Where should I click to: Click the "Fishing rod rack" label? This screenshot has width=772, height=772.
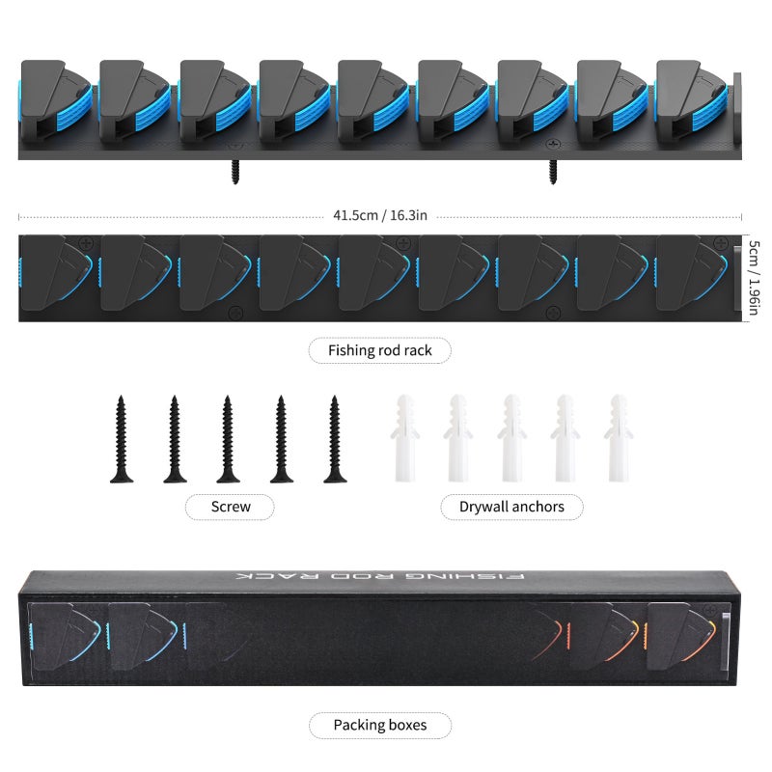pyautogui.click(x=379, y=350)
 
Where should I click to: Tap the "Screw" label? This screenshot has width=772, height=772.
pyautogui.click(x=231, y=507)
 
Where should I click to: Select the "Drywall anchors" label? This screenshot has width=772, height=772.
pyautogui.click(x=511, y=507)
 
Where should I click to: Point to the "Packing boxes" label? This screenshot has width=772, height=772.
pyautogui.click(x=379, y=725)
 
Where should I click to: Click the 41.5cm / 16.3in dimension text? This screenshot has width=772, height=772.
pyautogui.click(x=379, y=215)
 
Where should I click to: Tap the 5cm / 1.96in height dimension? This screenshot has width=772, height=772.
pyautogui.click(x=754, y=277)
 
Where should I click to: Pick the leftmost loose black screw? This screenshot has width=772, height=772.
pyautogui.click(x=122, y=439)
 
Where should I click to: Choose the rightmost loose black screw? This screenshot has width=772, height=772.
pyautogui.click(x=335, y=439)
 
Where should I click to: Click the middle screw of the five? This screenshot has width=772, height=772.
pyautogui.click(x=228, y=439)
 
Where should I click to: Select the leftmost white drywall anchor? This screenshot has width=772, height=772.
pyautogui.click(x=404, y=438)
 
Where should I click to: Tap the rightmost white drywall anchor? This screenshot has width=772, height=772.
pyautogui.click(x=619, y=438)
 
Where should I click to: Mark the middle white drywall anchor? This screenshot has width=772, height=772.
pyautogui.click(x=511, y=438)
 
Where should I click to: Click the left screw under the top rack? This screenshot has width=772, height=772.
pyautogui.click(x=235, y=172)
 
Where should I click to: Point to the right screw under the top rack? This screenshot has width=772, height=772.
pyautogui.click(x=553, y=172)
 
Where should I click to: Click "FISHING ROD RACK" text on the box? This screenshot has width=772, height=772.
pyautogui.click(x=379, y=576)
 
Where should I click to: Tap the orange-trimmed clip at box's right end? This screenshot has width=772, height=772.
pyautogui.click(x=681, y=636)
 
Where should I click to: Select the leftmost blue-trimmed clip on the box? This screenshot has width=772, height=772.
pyautogui.click(x=65, y=636)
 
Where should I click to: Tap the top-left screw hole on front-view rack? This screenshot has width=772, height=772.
pyautogui.click(x=87, y=243)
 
